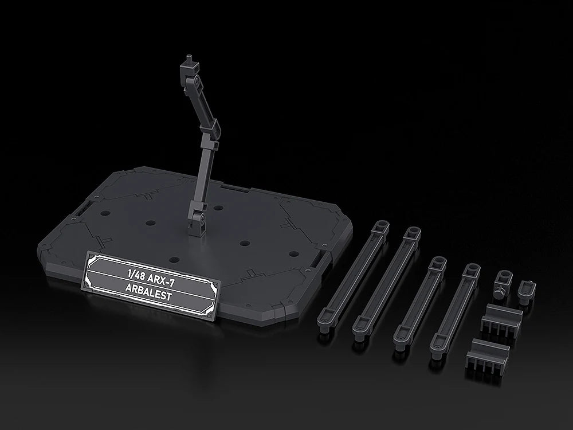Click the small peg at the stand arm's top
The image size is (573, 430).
[189, 58]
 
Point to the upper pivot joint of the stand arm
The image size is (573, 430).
[195, 80]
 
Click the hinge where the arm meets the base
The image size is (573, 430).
[197, 218]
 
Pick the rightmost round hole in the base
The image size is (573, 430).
[293, 253]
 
